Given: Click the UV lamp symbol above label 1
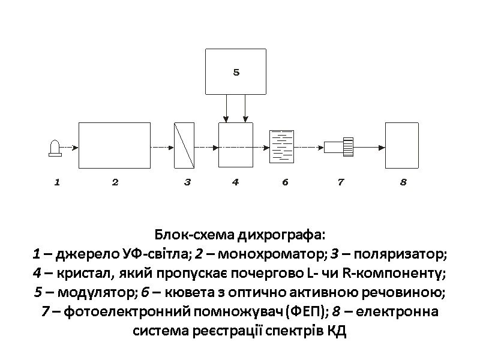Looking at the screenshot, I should (55, 148).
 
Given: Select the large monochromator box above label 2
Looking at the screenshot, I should (115, 145).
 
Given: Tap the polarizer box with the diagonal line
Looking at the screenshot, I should (184, 145).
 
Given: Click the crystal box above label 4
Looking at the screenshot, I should (236, 145).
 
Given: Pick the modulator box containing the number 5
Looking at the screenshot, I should (236, 72).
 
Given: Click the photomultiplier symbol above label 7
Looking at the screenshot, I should (340, 145).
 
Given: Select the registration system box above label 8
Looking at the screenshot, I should (401, 145).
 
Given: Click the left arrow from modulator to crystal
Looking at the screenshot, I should (226, 110).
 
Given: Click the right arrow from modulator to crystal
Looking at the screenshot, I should (245, 110).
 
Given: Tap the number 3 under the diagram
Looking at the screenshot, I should (187, 182).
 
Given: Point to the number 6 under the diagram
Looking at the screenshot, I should (285, 182).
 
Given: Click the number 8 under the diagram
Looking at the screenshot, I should (403, 182).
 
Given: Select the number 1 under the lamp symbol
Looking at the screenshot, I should (57, 182).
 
